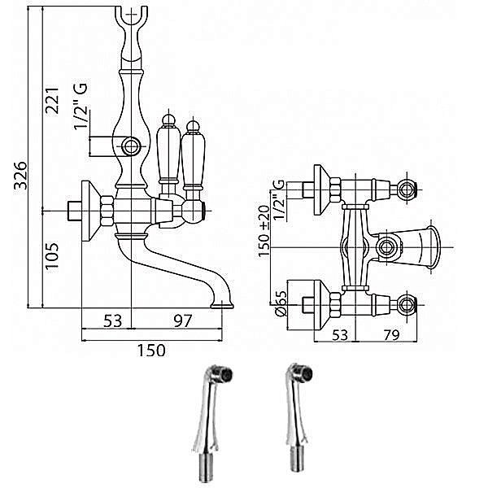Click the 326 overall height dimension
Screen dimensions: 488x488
pos(22,175)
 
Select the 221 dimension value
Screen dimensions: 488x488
pos(52,101)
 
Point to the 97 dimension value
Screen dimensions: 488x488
pos(183,320)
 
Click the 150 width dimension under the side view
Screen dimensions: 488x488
pos(151,350)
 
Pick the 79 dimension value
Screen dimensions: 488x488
pos(391,335)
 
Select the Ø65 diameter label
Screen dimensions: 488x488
pos(281,303)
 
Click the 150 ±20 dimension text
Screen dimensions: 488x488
pos(264,231)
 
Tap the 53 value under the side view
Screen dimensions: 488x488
pos(113,320)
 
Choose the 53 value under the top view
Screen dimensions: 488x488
pos(340,335)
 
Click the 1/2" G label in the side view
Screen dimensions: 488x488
pos(81,106)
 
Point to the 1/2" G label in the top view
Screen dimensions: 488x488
pos(279,199)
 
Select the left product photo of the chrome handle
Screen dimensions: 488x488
pos(210,424)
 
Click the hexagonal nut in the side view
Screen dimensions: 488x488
pos(107,211)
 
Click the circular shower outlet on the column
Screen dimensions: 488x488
pos(130,146)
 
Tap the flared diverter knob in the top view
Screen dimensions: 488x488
pos(419,247)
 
